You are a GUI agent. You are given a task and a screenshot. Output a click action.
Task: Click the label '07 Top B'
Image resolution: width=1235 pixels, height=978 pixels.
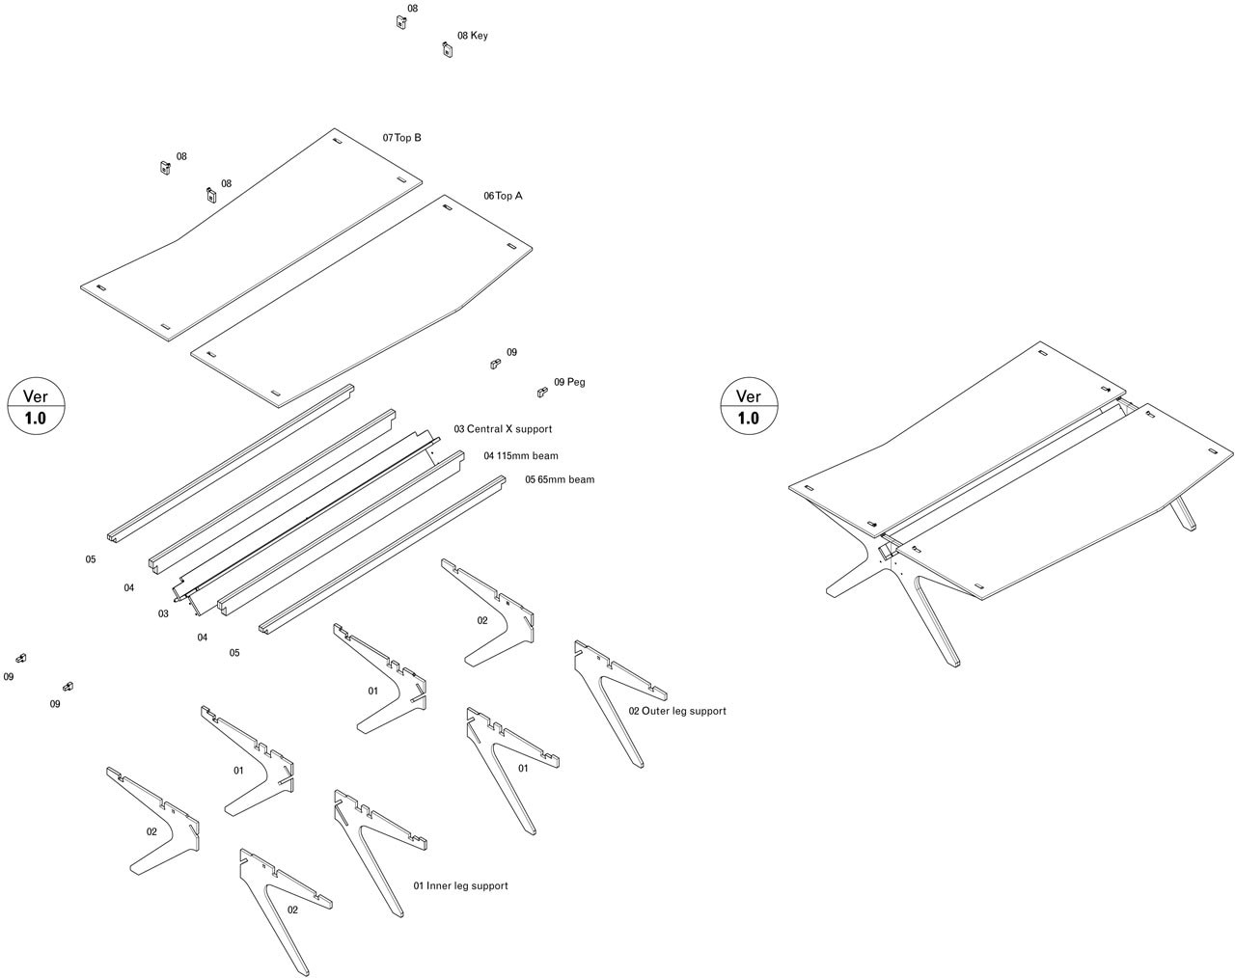(x=401, y=138)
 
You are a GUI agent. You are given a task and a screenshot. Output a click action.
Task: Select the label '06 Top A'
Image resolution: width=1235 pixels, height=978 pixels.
(x=503, y=196)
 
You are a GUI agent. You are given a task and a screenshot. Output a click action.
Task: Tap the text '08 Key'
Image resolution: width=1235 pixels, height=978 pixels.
(x=472, y=36)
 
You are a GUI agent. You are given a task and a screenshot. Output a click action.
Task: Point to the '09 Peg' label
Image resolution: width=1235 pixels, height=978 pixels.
(x=569, y=382)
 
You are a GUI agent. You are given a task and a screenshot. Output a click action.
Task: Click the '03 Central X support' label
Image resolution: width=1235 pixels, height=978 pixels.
(x=503, y=429)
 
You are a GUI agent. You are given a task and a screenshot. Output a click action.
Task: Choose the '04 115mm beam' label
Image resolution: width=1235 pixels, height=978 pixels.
(x=520, y=456)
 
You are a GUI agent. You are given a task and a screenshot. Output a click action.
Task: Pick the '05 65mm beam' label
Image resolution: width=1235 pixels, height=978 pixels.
(x=559, y=479)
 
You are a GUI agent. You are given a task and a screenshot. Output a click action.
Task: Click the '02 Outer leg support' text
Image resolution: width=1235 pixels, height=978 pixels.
(x=677, y=711)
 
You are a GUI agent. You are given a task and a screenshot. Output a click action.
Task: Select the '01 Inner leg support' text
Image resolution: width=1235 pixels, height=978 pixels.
(x=460, y=885)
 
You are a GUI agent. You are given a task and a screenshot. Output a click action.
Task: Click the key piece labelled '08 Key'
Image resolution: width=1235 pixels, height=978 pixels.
(x=447, y=49)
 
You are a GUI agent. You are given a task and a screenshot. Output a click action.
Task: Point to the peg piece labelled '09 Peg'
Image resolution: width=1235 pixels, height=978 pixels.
(x=542, y=392)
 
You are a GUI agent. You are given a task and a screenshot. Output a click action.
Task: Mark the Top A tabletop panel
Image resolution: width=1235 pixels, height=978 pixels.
(x=367, y=299)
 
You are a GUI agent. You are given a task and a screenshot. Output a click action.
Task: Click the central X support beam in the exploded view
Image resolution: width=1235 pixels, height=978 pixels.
(x=309, y=516)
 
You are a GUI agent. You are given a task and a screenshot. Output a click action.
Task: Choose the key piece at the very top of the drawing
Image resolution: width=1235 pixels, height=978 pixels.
(x=400, y=22)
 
